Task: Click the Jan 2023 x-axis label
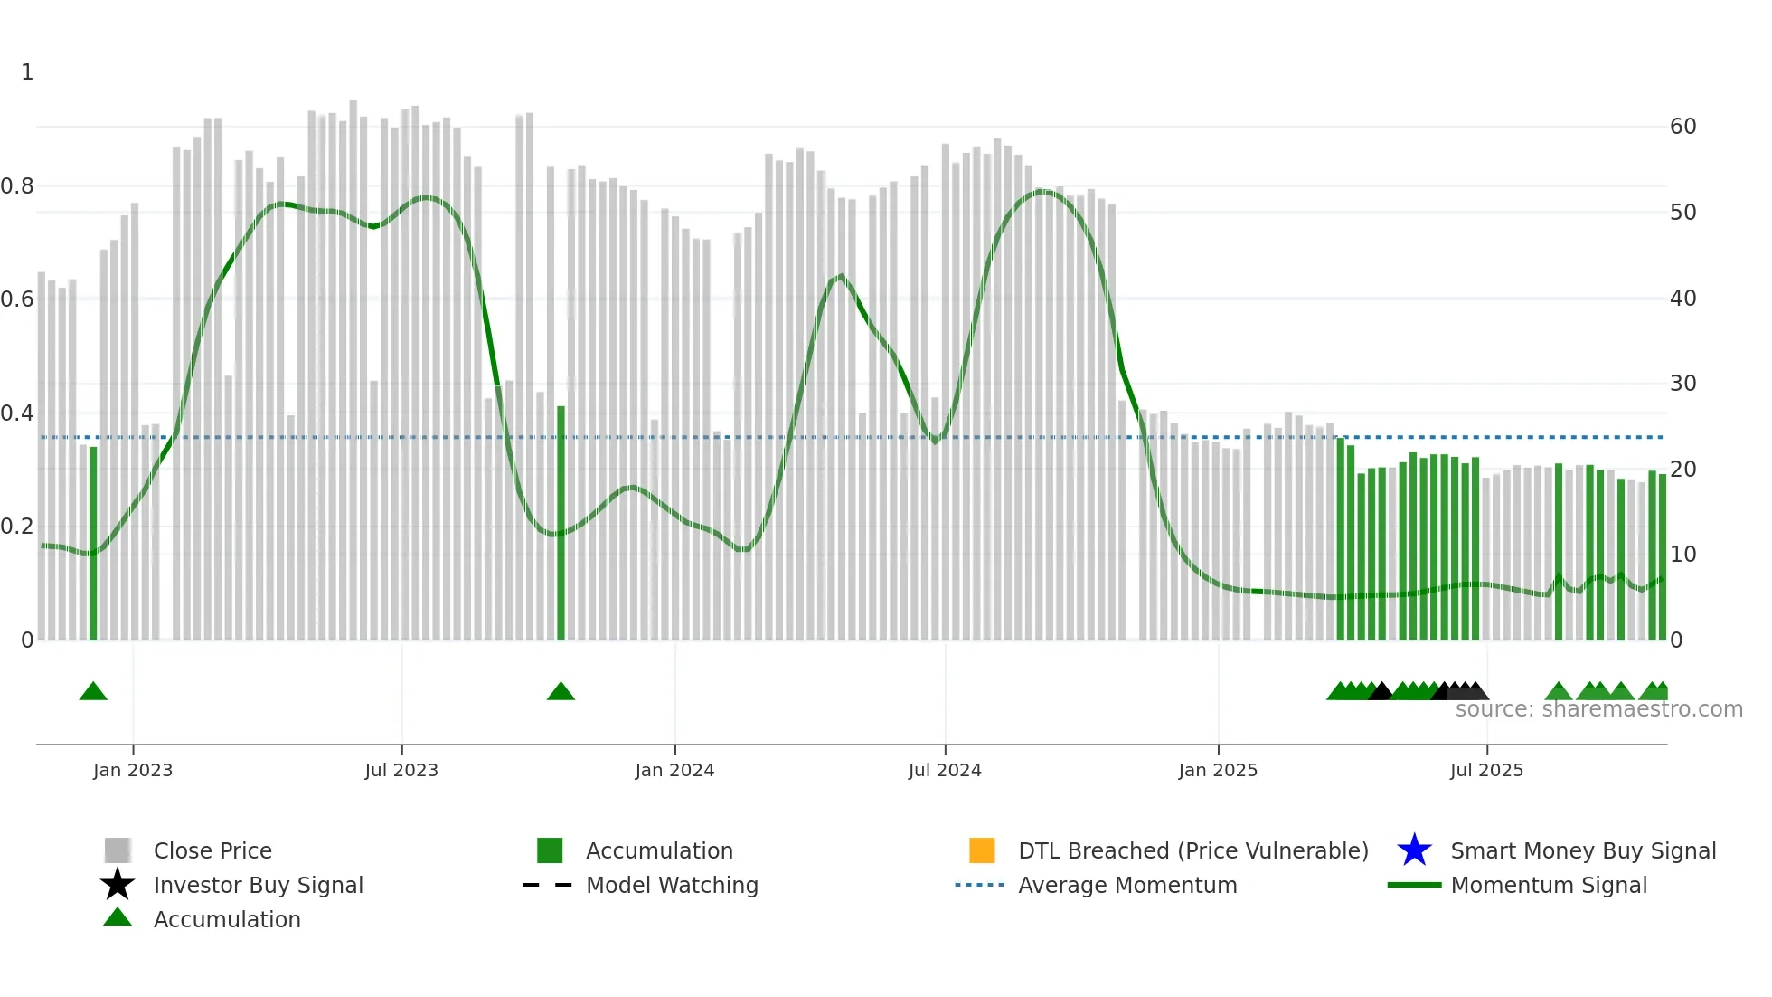133,770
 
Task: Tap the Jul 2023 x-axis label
401,770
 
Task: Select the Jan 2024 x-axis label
674,770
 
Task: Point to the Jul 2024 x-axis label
945,770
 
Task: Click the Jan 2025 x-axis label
1218,770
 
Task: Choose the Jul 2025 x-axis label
1486,770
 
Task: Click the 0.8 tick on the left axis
17,186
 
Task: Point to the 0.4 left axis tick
17,413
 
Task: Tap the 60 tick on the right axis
1682,127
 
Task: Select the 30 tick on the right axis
1682,384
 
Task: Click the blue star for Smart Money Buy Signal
1414,850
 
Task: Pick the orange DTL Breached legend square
982,850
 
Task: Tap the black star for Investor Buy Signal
118,885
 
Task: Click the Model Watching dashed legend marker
548,885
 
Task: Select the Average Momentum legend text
1127,885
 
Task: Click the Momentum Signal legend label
1549,885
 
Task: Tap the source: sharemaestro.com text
1598,709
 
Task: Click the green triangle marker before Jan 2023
93,692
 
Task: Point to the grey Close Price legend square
118,850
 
